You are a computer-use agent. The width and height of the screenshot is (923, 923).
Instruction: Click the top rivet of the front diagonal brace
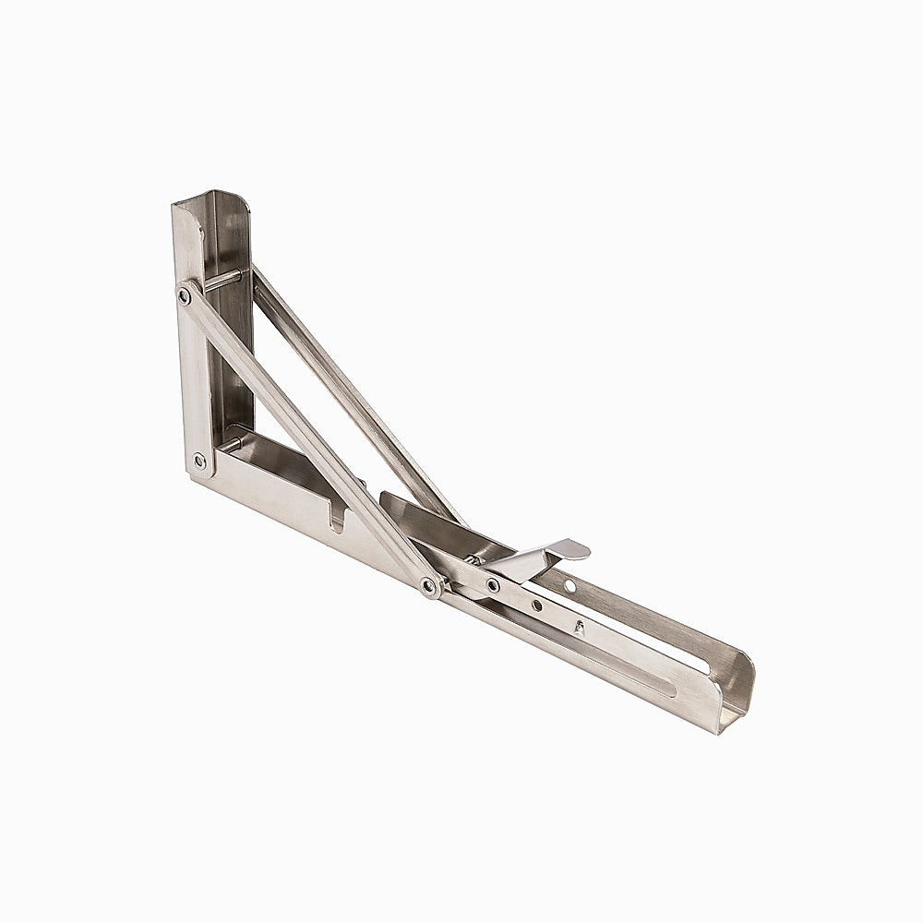185,294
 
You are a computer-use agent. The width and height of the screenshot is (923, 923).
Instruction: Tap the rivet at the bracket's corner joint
198,460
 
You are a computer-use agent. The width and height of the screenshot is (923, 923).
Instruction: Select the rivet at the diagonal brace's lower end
429,585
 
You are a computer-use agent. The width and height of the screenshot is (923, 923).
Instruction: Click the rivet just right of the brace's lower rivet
493,584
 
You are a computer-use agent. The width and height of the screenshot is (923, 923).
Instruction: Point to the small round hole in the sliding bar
536,605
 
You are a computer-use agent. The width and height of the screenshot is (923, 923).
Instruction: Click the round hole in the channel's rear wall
569,586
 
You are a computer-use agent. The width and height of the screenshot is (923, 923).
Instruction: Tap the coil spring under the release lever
472,558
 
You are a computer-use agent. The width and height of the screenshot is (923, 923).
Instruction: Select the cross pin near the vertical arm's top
223,279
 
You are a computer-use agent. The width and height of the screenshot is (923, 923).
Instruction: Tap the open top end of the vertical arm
210,198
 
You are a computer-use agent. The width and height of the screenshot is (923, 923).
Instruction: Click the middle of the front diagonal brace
305,438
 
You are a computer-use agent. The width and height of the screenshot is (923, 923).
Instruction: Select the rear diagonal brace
360,397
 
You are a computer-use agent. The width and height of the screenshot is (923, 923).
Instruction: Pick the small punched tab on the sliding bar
580,628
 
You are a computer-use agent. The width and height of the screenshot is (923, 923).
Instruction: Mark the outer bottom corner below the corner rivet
196,475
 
